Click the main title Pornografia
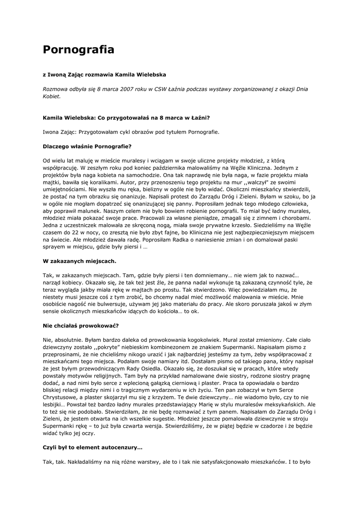(78, 50)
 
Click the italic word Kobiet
(51, 96)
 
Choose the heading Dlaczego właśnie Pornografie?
(87, 146)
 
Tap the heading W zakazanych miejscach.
(79, 260)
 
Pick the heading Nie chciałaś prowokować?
(80, 326)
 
